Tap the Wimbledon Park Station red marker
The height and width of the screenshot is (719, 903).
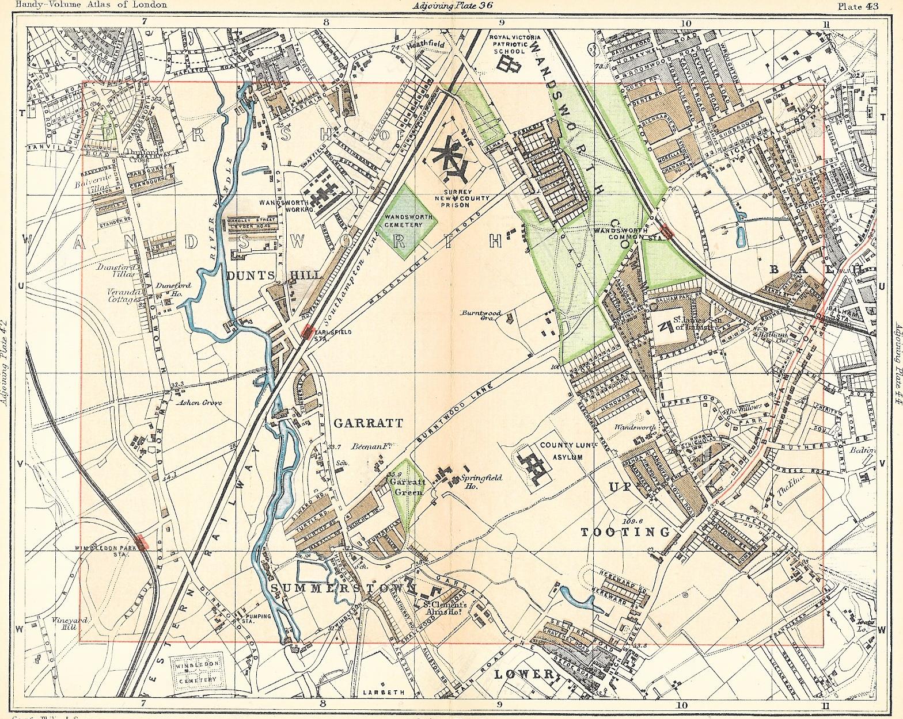pyautogui.click(x=142, y=542)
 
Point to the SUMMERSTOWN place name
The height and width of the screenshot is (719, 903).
pyautogui.click(x=343, y=588)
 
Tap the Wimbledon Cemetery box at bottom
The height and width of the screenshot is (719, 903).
pyautogui.click(x=198, y=668)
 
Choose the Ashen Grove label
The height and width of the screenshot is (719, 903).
pyautogui.click(x=200, y=403)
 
